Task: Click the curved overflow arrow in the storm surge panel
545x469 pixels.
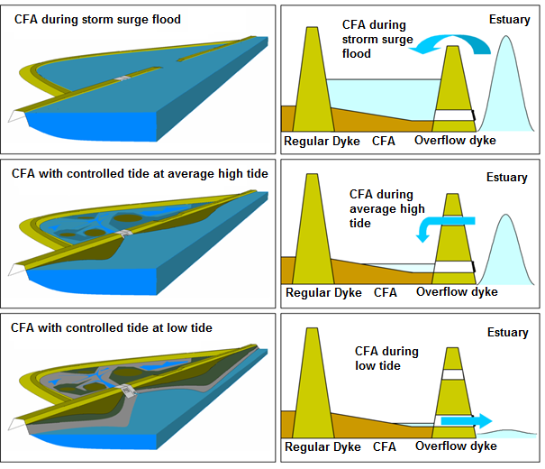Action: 452,39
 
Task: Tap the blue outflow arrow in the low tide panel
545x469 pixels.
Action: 467,420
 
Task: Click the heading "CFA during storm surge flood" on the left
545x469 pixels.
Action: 97,20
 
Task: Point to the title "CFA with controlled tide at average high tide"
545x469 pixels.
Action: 140,173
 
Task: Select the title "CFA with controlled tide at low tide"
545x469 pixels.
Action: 111,327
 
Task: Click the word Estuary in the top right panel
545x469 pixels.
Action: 510,20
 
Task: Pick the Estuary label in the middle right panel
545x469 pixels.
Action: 507,178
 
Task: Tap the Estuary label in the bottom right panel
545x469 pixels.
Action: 508,332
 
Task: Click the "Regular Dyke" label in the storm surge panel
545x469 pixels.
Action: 322,142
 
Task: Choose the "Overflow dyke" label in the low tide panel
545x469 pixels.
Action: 456,446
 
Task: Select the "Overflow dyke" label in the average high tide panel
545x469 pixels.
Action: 457,292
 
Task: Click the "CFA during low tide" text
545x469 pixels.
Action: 386,358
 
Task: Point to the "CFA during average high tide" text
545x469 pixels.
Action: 386,208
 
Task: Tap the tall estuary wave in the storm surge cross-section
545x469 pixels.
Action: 506,84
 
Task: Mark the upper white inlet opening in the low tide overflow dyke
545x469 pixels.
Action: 452,374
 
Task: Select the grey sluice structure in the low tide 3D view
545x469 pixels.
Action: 128,391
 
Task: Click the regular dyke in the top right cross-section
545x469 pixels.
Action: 313,79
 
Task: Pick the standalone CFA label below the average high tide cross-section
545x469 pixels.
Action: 386,292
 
